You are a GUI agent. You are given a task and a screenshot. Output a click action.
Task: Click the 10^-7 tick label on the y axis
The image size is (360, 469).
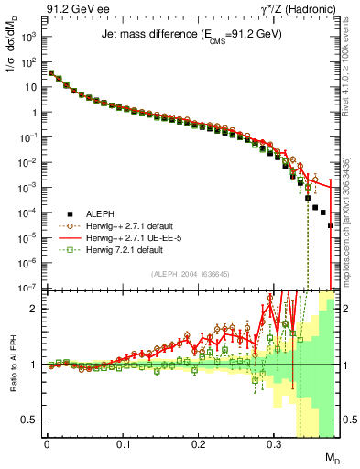tap(27, 288)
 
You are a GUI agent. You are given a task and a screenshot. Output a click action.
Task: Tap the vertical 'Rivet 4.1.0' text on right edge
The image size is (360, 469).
tap(353, 73)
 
